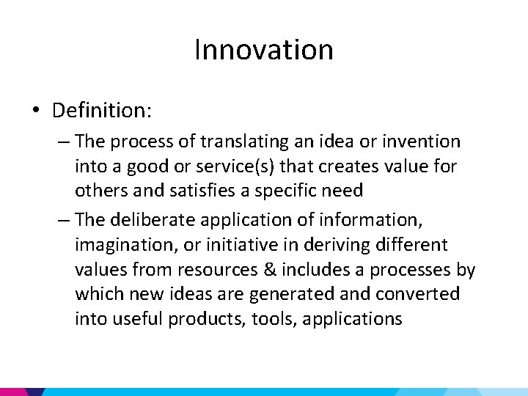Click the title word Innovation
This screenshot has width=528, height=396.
pos(264,50)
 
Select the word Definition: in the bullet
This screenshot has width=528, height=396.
pos(102,111)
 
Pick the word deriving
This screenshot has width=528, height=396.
pos(337,243)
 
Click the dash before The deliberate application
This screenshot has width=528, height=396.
pos(62,219)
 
